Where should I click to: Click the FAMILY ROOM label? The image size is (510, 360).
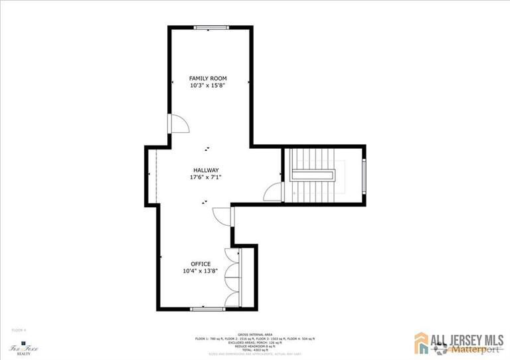tap(209, 78)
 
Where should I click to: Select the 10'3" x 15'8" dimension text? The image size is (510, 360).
tap(209, 86)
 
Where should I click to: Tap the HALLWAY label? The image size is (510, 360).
tap(206, 170)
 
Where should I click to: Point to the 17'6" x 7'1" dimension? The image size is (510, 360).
tap(206, 177)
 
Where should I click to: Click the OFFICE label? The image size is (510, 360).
tap(201, 264)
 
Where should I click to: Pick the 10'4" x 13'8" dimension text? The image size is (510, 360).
tap(201, 271)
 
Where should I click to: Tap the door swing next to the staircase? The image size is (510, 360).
tap(273, 192)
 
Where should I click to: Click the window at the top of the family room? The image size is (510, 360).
tap(209, 27)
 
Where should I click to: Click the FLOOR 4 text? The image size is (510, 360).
tap(19, 329)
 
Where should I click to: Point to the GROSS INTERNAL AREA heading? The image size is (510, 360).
tap(255, 334)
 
